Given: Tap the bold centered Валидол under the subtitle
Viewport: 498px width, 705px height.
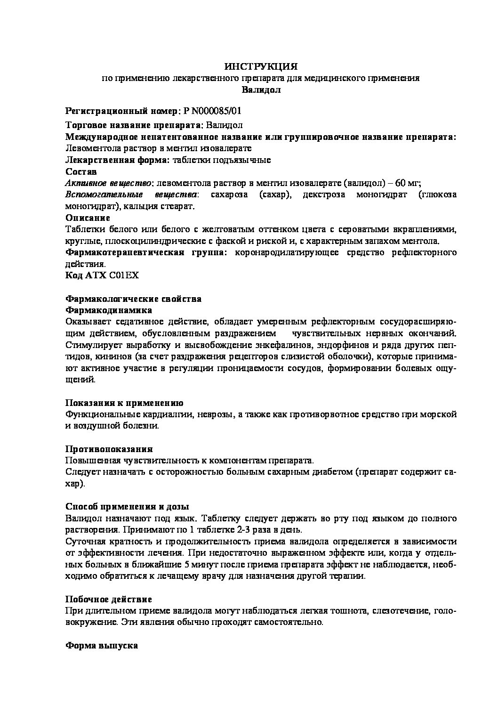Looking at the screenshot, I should coord(261,89).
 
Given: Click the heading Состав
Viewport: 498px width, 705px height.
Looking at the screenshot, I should coord(81,171).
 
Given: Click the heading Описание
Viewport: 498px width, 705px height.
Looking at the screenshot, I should coord(88,218).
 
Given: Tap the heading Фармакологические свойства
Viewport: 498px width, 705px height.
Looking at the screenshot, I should coord(133,299).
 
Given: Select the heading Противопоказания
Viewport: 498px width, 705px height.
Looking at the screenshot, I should coord(108,449).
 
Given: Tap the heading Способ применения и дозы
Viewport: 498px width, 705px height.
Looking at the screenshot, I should coord(127,507).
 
